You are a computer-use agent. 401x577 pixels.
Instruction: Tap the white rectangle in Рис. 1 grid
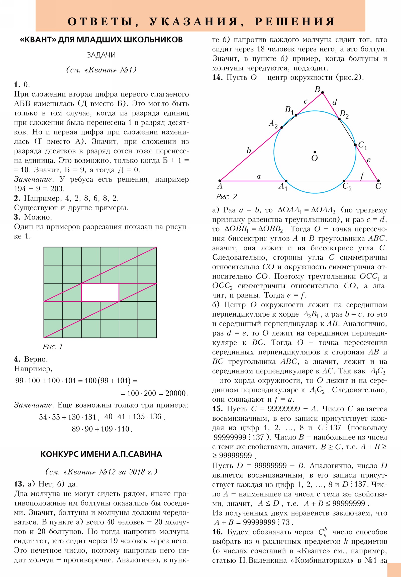click(x=100, y=292)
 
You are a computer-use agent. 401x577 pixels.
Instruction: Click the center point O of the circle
click(x=315, y=152)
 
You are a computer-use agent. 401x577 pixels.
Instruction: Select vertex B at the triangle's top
click(x=322, y=93)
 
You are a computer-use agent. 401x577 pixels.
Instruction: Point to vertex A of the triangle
click(x=220, y=181)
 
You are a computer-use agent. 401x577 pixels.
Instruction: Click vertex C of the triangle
click(x=378, y=181)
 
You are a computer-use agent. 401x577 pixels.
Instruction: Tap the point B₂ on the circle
click(x=340, y=119)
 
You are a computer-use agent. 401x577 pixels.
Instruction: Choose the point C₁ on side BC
click(x=355, y=145)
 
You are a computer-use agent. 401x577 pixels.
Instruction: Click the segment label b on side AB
click(x=249, y=151)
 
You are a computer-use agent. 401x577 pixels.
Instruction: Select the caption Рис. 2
click(x=227, y=197)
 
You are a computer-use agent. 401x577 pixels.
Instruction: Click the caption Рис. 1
click(x=52, y=347)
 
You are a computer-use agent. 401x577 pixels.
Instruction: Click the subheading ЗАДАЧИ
click(x=101, y=55)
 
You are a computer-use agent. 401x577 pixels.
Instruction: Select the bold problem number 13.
click(x=19, y=484)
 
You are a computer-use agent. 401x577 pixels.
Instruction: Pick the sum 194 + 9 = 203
click(x=39, y=188)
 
